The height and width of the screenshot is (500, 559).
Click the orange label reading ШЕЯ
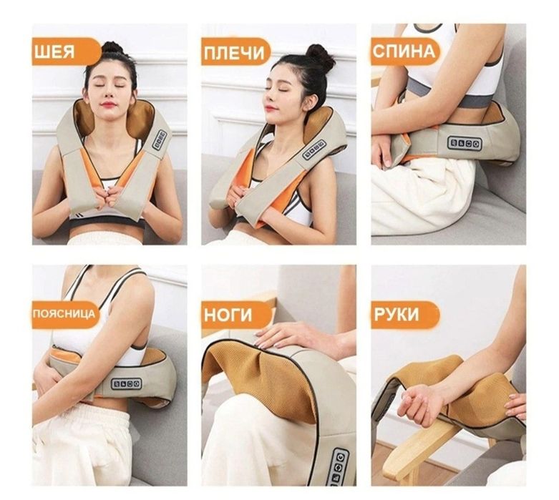tap(67, 52)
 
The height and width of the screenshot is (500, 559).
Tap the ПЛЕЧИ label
tap(235, 52)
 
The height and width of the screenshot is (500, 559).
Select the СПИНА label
tap(405, 52)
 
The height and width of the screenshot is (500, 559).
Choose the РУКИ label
tap(405, 315)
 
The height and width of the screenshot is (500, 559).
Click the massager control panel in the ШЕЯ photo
tap(160, 140)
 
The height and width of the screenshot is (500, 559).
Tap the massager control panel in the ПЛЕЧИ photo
tap(314, 149)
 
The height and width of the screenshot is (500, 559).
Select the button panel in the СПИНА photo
tap(465, 144)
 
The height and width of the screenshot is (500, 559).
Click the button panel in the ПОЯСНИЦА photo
tap(127, 384)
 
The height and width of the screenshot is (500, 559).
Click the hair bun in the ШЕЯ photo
tap(112, 48)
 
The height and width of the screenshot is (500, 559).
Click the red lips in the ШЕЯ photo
tap(108, 104)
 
